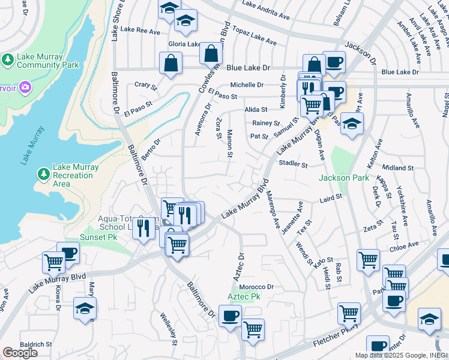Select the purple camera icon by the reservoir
(x=25, y=88)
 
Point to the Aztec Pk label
(x=244, y=297)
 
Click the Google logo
(x=20, y=353)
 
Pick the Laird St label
(x=331, y=196)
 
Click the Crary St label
(x=145, y=86)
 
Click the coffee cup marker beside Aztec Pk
(x=229, y=316)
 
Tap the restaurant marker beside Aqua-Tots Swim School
(x=143, y=228)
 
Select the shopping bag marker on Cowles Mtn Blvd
(x=211, y=53)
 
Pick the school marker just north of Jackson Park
(x=352, y=124)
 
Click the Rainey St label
(x=262, y=123)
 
